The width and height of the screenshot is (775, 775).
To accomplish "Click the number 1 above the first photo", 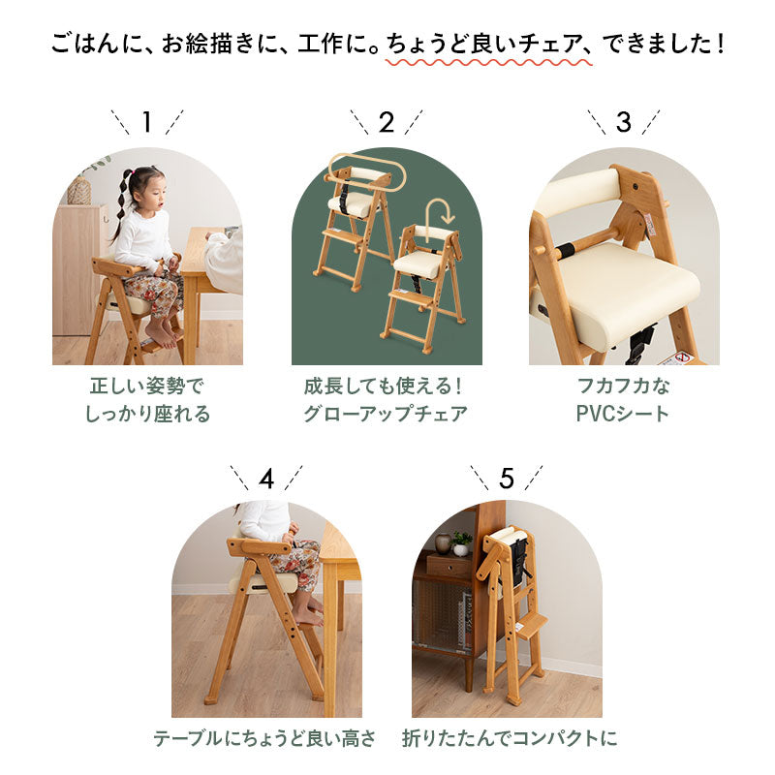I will click(x=147, y=122).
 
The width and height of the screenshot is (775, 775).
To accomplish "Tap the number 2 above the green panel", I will click(x=386, y=122).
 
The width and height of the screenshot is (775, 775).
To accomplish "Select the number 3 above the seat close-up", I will click(x=623, y=122).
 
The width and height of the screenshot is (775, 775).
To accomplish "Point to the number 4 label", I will click(x=266, y=478).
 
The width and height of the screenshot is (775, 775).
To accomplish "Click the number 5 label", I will click(x=506, y=478).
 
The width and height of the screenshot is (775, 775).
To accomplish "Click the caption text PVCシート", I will click(x=623, y=415).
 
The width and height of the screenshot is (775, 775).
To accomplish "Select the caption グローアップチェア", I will click(x=386, y=415).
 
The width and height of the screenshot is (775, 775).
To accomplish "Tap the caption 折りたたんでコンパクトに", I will click(x=510, y=738).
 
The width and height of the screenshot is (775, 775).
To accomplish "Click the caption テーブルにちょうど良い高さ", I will click(x=264, y=738).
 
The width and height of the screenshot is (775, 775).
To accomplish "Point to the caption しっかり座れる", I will click(x=147, y=415).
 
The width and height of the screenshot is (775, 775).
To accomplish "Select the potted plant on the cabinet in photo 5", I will click(x=462, y=542).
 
